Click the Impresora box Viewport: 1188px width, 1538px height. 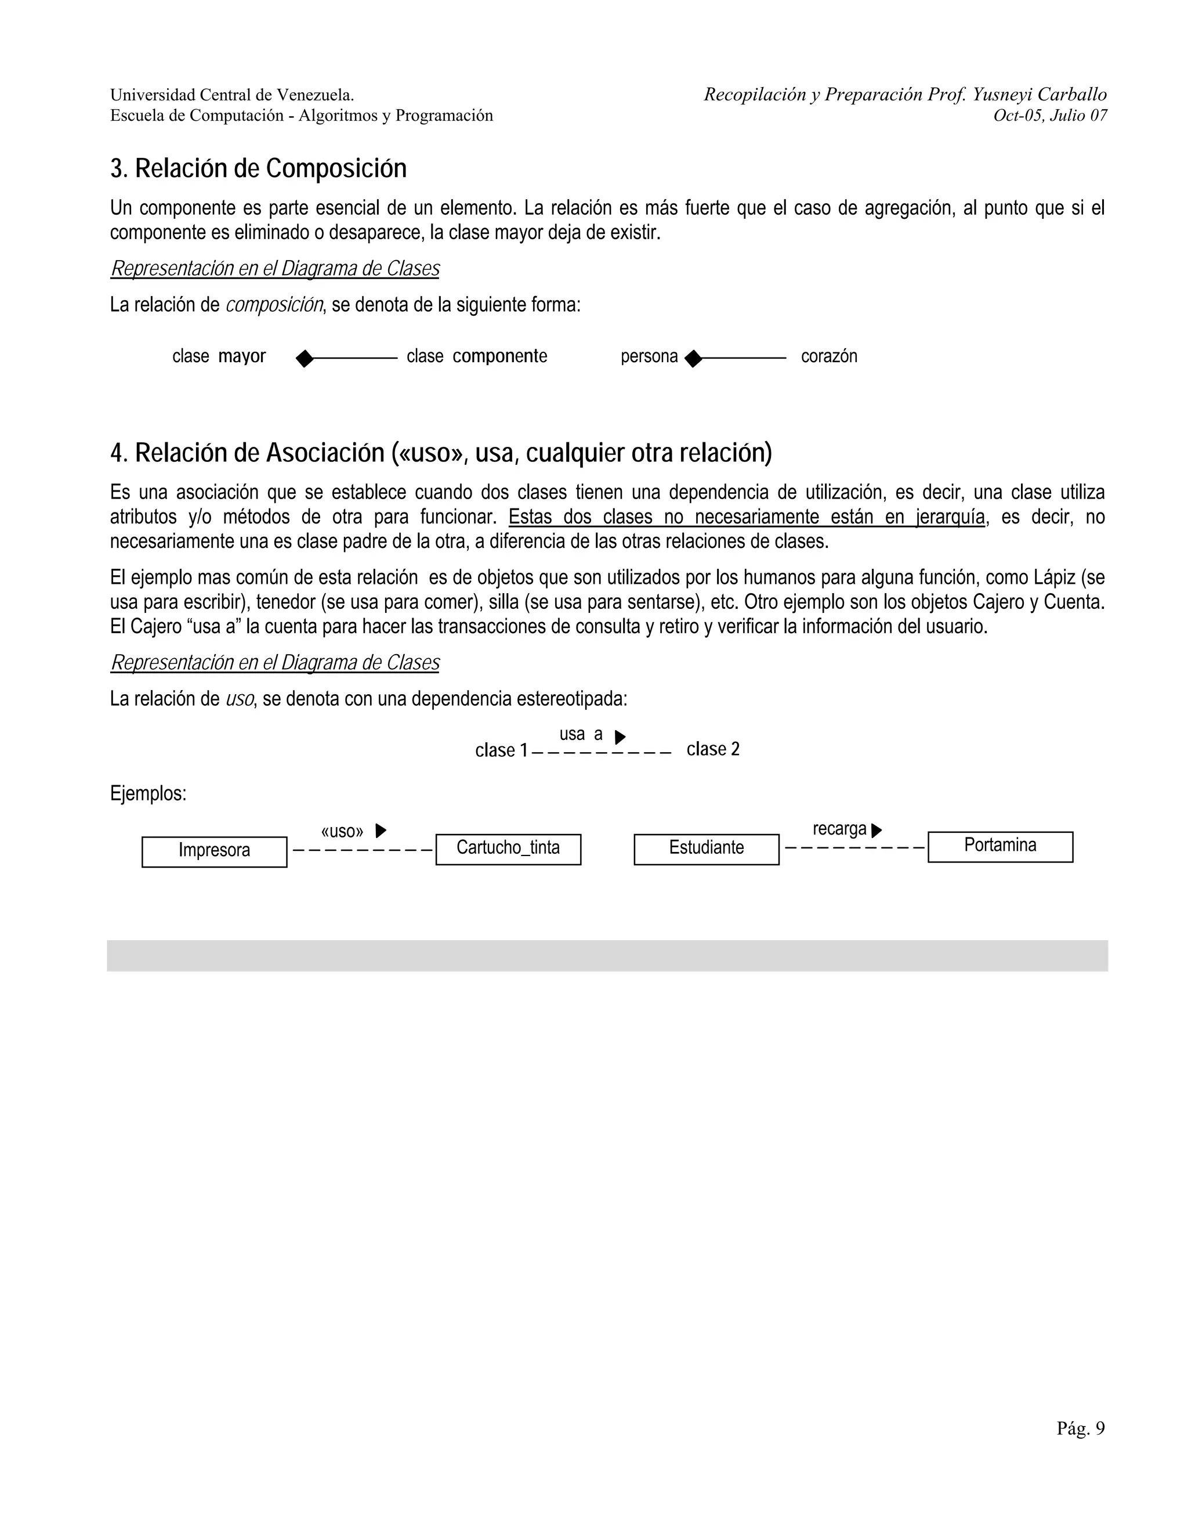click(214, 851)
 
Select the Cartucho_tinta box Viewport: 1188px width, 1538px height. click(508, 849)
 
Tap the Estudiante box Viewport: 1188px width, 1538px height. click(706, 849)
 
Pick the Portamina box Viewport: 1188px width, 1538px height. click(1000, 846)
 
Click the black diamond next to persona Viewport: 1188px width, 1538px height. click(693, 359)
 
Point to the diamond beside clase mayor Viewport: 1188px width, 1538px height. click(305, 359)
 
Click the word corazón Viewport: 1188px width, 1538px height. click(828, 356)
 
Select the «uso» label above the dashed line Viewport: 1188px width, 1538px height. click(342, 831)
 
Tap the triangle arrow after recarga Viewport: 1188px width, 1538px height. click(876, 831)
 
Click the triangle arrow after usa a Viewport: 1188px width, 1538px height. click(620, 737)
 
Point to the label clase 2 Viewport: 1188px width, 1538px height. click(713, 749)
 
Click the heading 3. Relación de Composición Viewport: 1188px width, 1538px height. click(258, 169)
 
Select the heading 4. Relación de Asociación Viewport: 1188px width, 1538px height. click(441, 453)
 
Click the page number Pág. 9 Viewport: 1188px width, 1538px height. click(1080, 1428)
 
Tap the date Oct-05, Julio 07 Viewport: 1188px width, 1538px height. click(1049, 116)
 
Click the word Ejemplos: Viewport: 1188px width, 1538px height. click(148, 793)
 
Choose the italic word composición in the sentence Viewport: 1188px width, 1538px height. click(274, 305)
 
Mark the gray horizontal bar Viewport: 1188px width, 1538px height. click(607, 956)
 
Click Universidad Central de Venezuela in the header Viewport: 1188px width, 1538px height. click(231, 95)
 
